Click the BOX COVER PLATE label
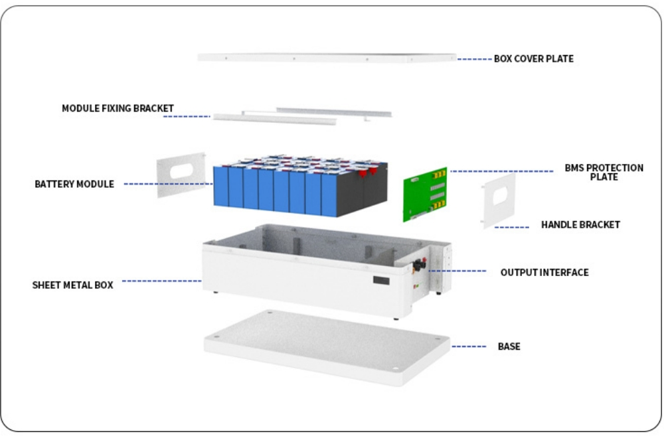click(x=534, y=59)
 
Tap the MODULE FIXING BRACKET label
click(x=118, y=108)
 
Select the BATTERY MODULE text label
click(x=74, y=184)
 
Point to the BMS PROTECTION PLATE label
click(x=604, y=173)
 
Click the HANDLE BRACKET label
click(x=580, y=225)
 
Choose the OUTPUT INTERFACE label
click(x=544, y=272)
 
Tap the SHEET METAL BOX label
click(x=73, y=285)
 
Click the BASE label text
click(x=509, y=346)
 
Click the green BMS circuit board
click(x=425, y=194)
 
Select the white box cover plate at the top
click(x=327, y=58)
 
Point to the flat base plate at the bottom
click(x=327, y=348)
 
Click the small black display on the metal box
click(x=381, y=280)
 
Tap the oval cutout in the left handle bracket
click(x=182, y=171)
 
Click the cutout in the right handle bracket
click(x=500, y=196)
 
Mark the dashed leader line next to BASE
click(x=469, y=346)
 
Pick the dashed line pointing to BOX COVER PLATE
click(x=475, y=59)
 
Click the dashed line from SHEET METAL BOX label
click(x=162, y=281)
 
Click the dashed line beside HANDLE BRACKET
click(x=511, y=228)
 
